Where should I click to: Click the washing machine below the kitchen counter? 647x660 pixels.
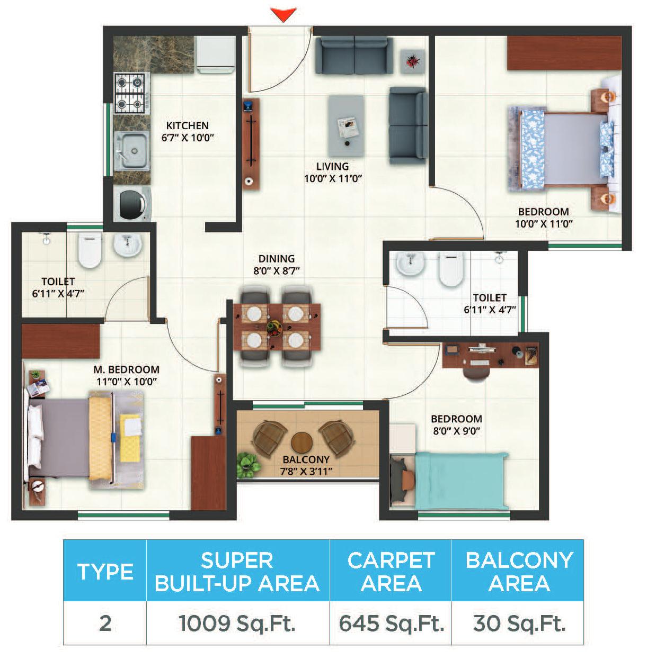(132, 204)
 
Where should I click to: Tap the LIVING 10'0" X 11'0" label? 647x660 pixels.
(333, 173)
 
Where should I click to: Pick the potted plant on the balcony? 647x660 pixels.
(249, 464)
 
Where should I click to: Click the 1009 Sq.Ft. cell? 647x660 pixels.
(237, 623)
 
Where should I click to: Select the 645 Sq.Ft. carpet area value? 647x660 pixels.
(391, 623)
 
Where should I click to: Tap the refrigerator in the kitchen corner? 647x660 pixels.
(215, 55)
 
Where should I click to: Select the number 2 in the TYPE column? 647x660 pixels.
(105, 623)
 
